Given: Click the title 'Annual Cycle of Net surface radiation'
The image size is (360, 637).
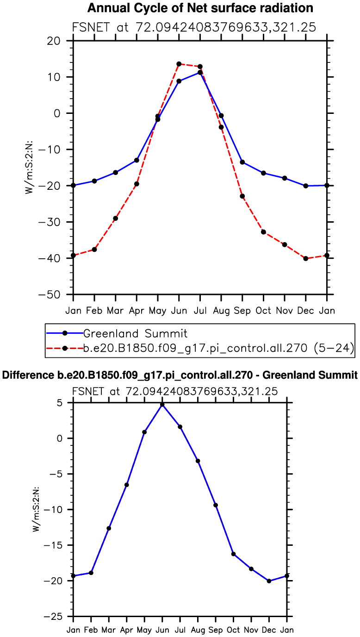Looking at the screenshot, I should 200,8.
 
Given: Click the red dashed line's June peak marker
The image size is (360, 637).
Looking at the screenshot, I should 179,64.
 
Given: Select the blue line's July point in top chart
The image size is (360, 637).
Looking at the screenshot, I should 200,72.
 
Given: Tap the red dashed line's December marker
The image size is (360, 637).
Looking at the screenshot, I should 305,258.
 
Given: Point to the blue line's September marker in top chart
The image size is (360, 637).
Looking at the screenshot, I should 242,162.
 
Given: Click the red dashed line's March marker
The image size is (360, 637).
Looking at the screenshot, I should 115,218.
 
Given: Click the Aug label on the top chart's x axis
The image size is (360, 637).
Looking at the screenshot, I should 221,310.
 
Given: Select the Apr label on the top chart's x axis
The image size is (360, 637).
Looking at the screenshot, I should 137,310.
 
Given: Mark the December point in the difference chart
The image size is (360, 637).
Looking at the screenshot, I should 269,581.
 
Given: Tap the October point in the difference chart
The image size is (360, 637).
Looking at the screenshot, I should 233,554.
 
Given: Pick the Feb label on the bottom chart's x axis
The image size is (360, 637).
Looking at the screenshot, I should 91,630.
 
